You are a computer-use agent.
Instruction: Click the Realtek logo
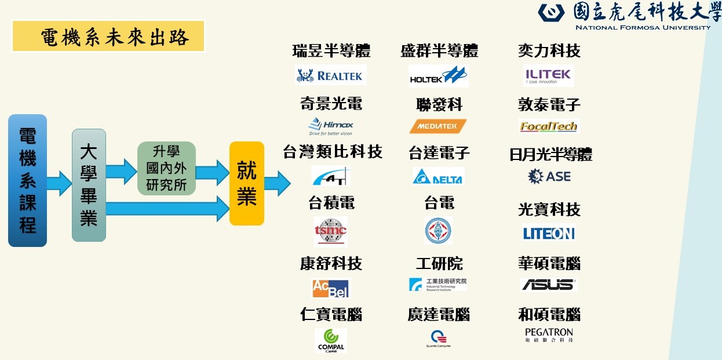click(330, 75)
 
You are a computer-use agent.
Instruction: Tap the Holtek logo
click(438, 76)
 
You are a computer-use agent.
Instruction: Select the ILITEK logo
click(548, 75)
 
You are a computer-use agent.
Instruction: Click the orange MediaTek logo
click(438, 126)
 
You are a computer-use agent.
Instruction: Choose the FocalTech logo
click(549, 126)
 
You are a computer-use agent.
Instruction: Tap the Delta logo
click(438, 176)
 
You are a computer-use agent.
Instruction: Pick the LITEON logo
click(549, 233)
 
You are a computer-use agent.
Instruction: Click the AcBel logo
click(331, 288)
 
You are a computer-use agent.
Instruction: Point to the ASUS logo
click(549, 285)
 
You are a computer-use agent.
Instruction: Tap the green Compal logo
click(331, 340)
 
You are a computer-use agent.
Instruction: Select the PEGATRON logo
click(549, 334)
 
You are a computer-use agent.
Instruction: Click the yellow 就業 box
click(247, 183)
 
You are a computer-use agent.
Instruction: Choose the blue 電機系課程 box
click(27, 180)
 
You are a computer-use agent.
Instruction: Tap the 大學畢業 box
click(89, 185)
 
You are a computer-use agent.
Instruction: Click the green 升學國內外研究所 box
click(166, 168)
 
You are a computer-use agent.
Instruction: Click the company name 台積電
click(331, 203)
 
